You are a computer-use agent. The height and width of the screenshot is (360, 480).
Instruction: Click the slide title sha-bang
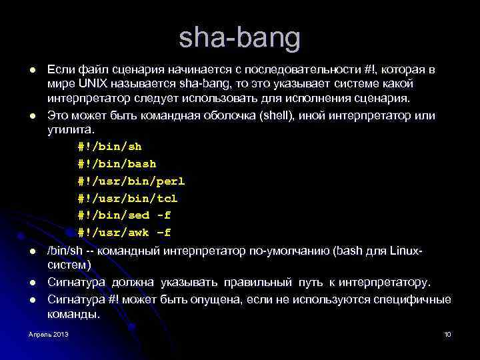(x=239, y=39)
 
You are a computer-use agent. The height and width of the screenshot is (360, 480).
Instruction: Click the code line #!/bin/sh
(x=109, y=146)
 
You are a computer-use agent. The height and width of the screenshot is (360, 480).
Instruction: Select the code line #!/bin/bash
(x=117, y=163)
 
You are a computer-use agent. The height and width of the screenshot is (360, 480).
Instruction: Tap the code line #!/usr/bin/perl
(x=131, y=181)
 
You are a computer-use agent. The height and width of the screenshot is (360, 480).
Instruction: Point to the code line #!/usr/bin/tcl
(x=127, y=198)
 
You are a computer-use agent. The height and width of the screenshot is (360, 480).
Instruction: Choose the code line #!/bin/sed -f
(x=124, y=215)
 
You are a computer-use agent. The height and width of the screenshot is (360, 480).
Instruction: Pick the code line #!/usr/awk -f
(x=124, y=233)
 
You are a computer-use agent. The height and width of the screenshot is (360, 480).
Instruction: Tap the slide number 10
(x=447, y=334)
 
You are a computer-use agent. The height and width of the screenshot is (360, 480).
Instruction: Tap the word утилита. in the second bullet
(x=71, y=130)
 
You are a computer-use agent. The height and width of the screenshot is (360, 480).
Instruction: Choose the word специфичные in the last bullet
(x=416, y=299)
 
